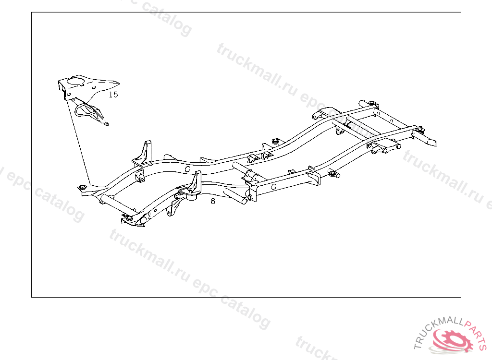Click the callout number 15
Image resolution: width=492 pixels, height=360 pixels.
[113, 95]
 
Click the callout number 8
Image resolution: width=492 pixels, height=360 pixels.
[213, 201]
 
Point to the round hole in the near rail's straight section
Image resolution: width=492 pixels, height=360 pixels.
[273, 186]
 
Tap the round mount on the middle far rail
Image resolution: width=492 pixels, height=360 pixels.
[275, 141]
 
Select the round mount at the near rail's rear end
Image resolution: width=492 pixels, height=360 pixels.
[419, 129]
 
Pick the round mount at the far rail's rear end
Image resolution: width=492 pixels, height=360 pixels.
[371, 103]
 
